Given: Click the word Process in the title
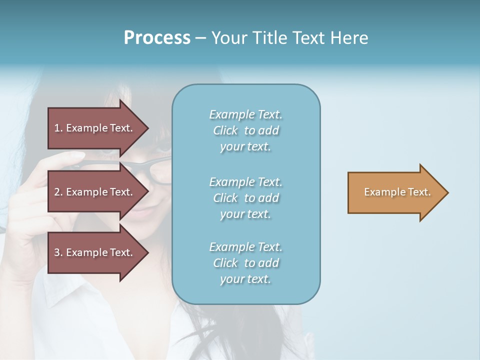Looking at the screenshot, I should pyautogui.click(x=157, y=38).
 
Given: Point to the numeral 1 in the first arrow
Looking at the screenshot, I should pyautogui.click(x=57, y=128).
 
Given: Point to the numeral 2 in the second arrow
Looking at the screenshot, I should pyautogui.click(x=57, y=192).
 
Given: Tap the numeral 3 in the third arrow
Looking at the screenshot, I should pyautogui.click(x=57, y=252).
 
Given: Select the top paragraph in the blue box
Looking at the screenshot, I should pyautogui.click(x=245, y=130).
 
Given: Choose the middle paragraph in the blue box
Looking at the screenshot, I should pyautogui.click(x=245, y=198).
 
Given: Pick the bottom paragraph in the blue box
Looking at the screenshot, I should pyautogui.click(x=245, y=263).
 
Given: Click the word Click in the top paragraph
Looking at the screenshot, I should pyautogui.click(x=225, y=130).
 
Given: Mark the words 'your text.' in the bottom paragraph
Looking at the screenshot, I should pyautogui.click(x=245, y=279).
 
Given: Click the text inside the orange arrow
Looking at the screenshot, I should pyautogui.click(x=397, y=192).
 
